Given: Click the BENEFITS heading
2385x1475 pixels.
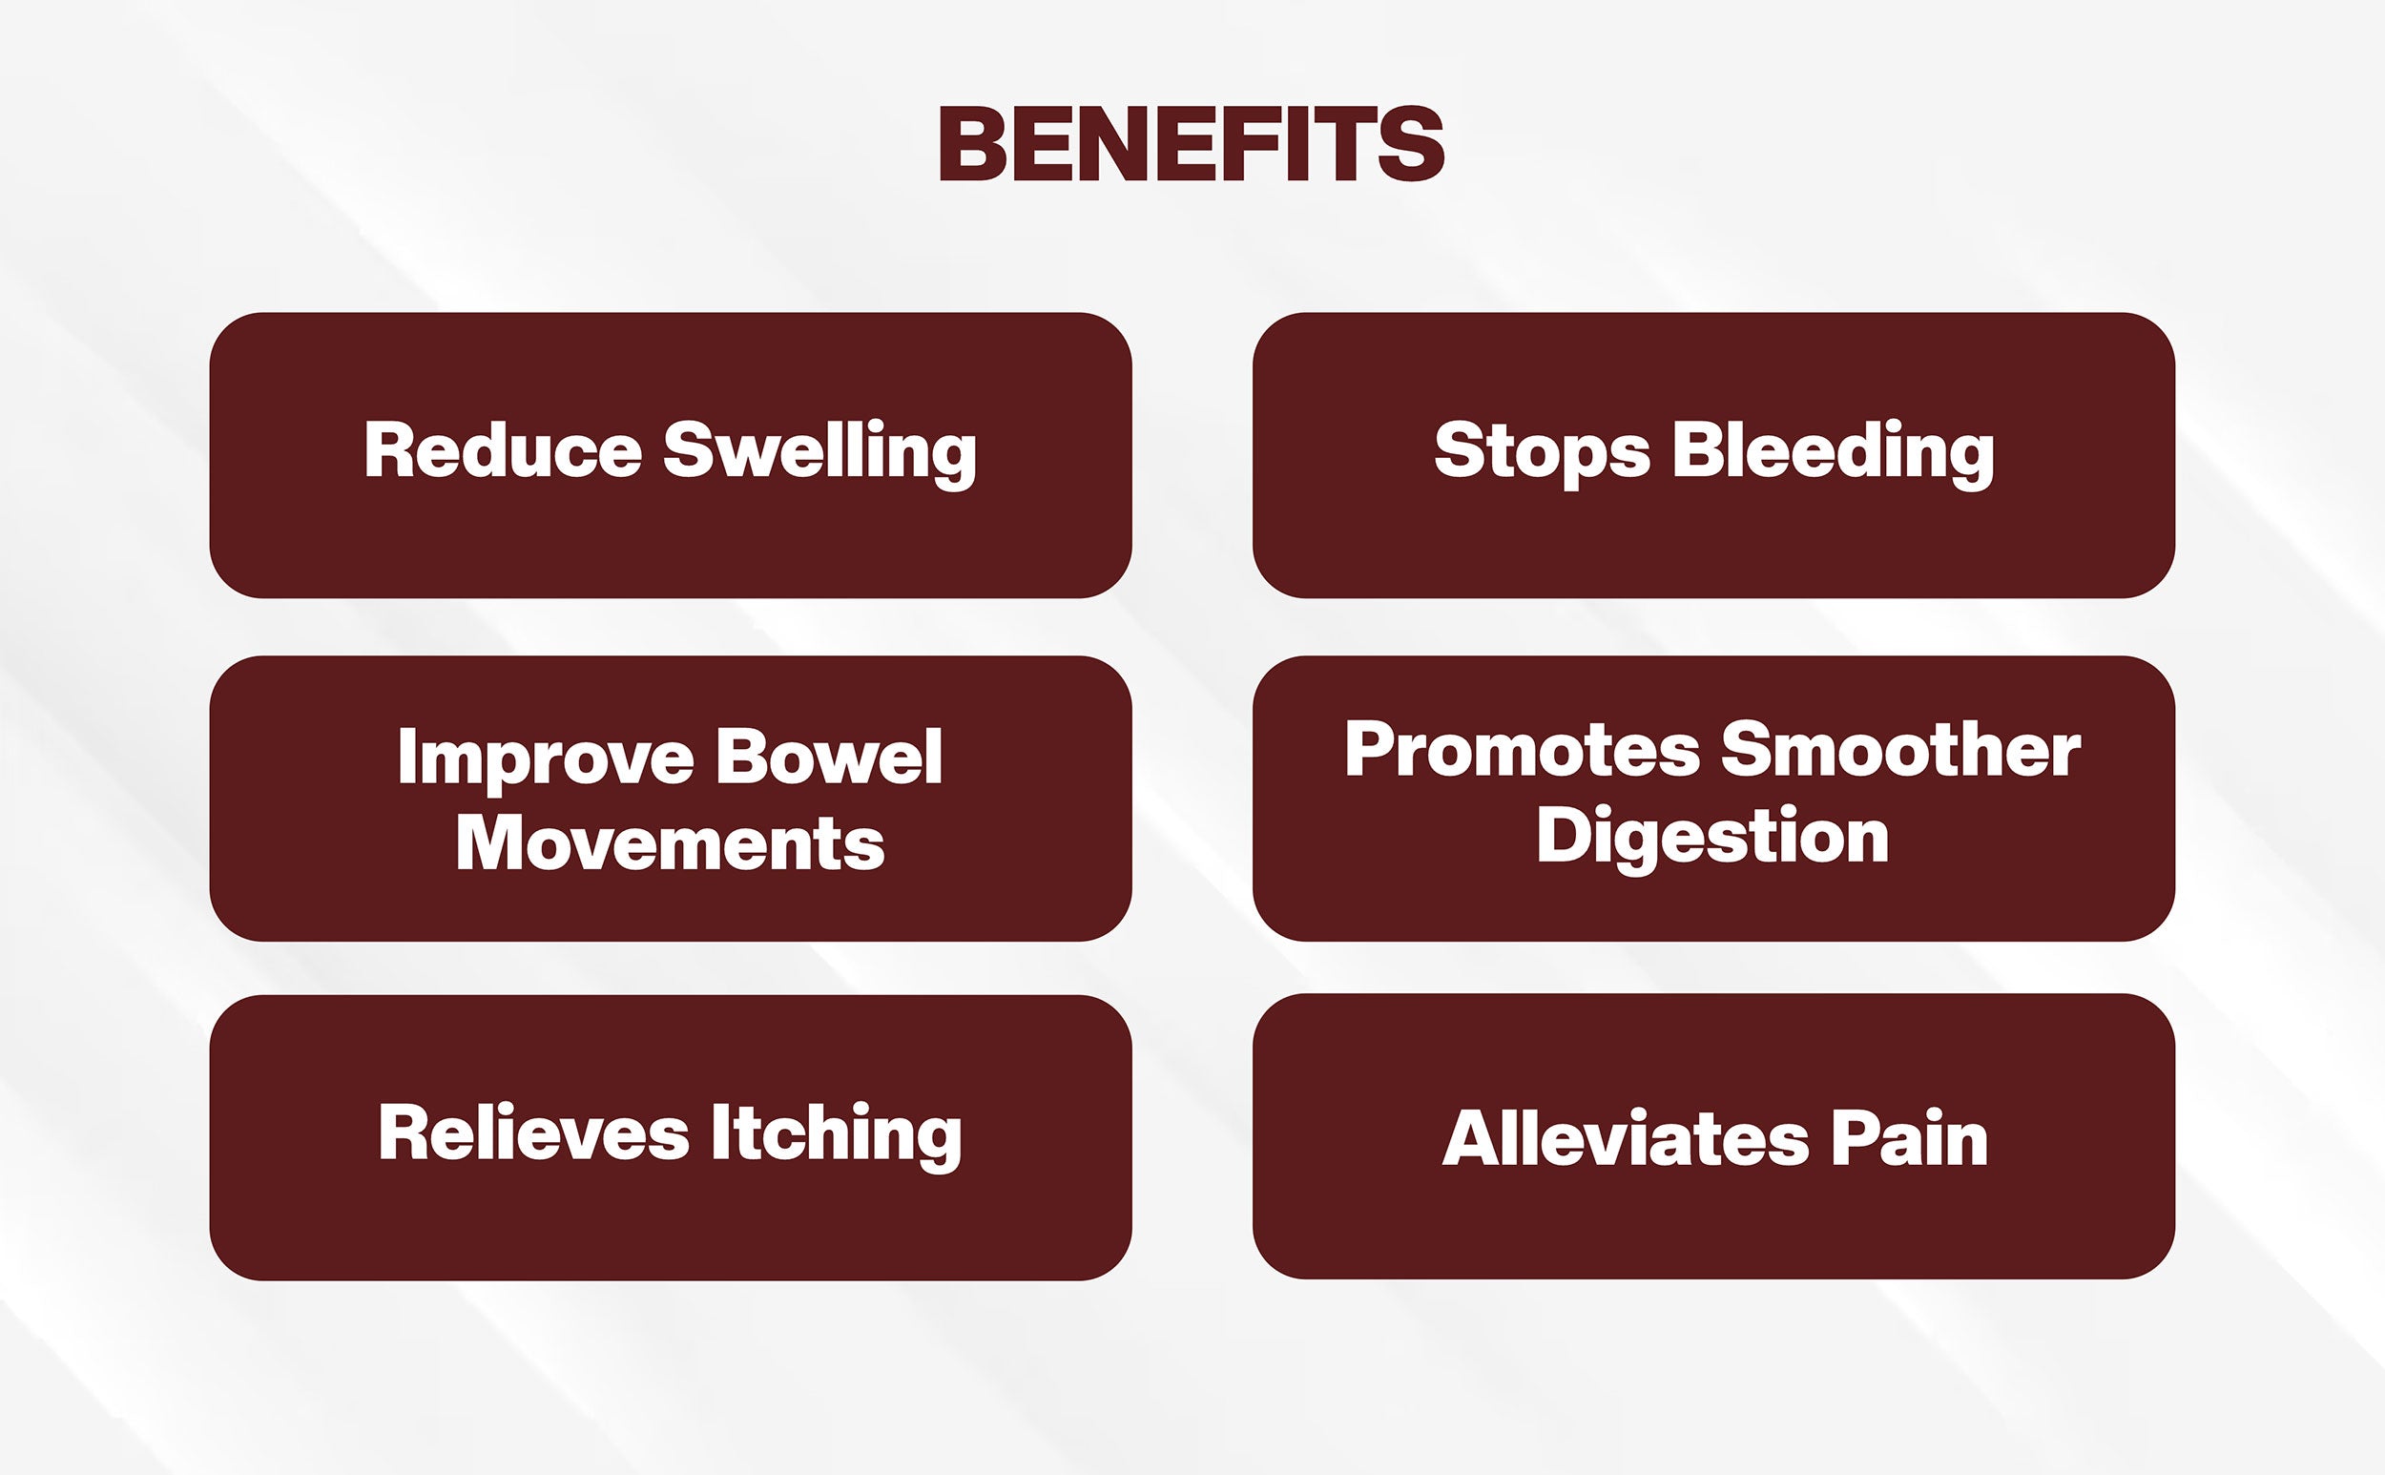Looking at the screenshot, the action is [x=1191, y=143].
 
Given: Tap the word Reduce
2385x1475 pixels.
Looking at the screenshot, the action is [x=504, y=449].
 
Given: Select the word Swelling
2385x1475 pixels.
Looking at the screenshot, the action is [x=820, y=454].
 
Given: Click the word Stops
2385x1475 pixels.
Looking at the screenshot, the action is [x=1543, y=453].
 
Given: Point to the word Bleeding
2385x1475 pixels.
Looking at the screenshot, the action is [x=1834, y=454].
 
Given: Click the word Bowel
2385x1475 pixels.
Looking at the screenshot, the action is [x=829, y=755].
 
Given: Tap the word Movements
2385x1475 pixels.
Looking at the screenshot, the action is [x=670, y=841].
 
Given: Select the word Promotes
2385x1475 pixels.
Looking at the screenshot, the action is [x=1523, y=751].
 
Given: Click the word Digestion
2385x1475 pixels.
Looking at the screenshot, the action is [x=1713, y=839].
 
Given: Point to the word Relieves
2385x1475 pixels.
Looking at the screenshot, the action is [x=533, y=1132].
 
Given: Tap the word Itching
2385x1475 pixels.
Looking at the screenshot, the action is [x=836, y=1136].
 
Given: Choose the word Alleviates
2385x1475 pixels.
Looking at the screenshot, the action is [x=1626, y=1137].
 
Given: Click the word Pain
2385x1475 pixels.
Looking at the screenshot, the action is [x=1910, y=1137].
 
